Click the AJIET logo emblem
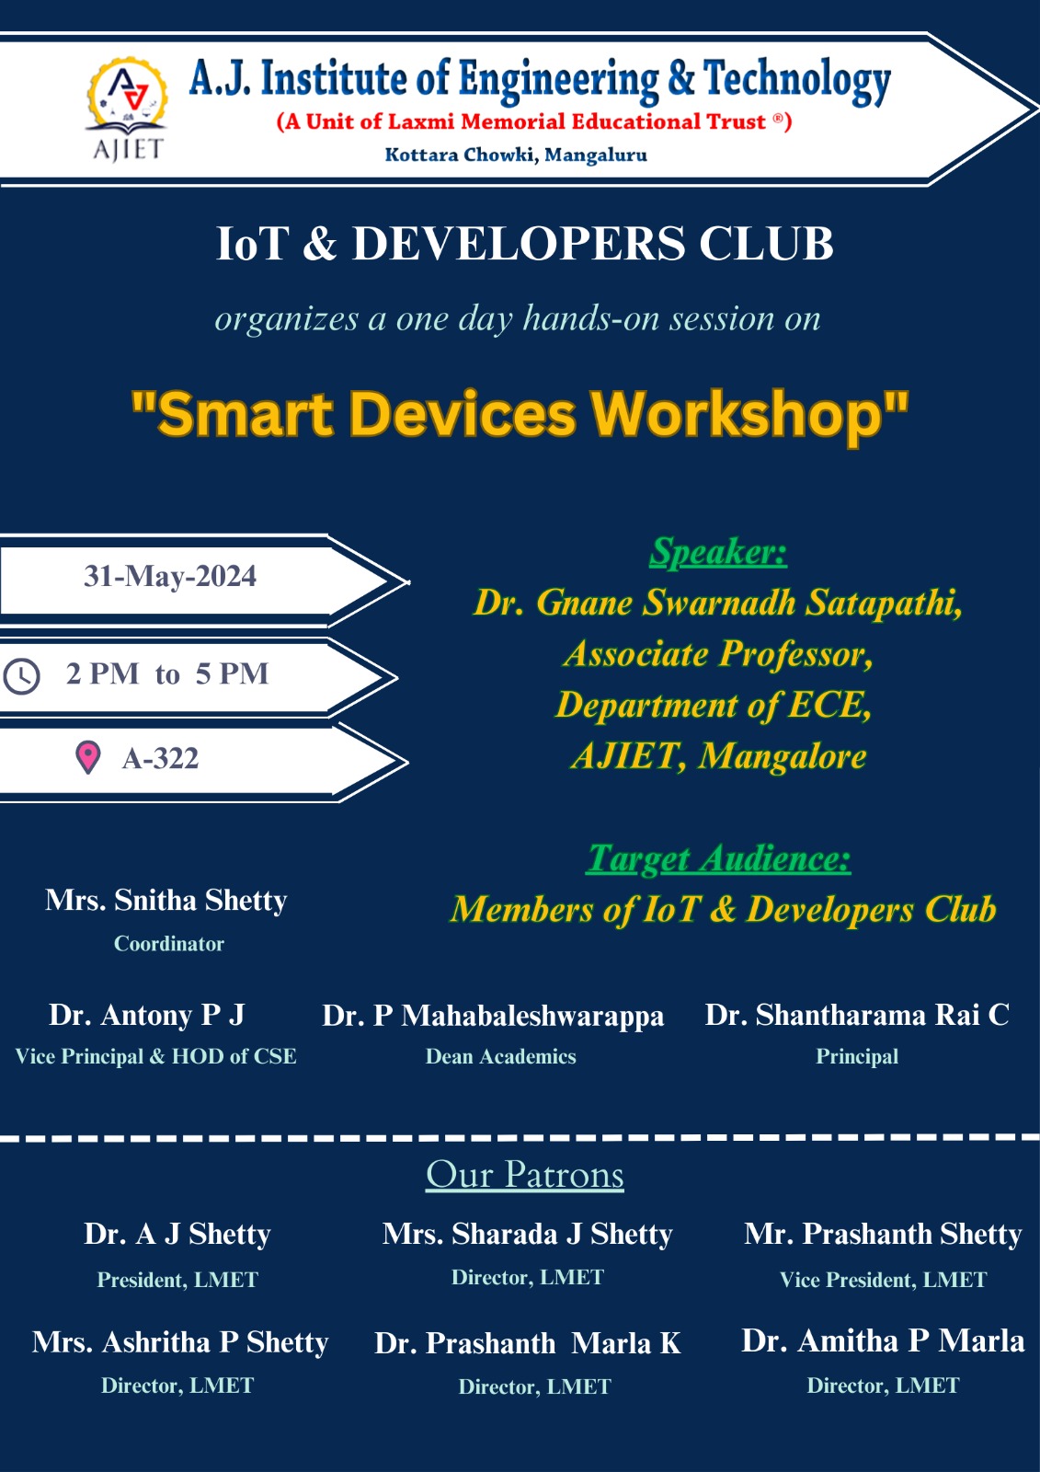[128, 109]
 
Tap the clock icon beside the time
[22, 676]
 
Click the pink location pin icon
[88, 758]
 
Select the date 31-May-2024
[170, 576]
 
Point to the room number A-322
[160, 758]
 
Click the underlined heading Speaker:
[718, 551]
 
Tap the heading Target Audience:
[719, 858]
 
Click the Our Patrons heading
[525, 1174]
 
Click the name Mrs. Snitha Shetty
[166, 900]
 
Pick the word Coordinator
[169, 944]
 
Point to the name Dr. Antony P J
[146, 1015]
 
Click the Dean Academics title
[500, 1056]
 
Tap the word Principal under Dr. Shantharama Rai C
[857, 1056]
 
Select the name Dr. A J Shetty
[177, 1234]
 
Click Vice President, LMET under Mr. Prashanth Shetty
[883, 1280]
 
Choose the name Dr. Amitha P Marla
[883, 1340]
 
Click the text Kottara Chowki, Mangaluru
[516, 155]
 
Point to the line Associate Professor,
[718, 654]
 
